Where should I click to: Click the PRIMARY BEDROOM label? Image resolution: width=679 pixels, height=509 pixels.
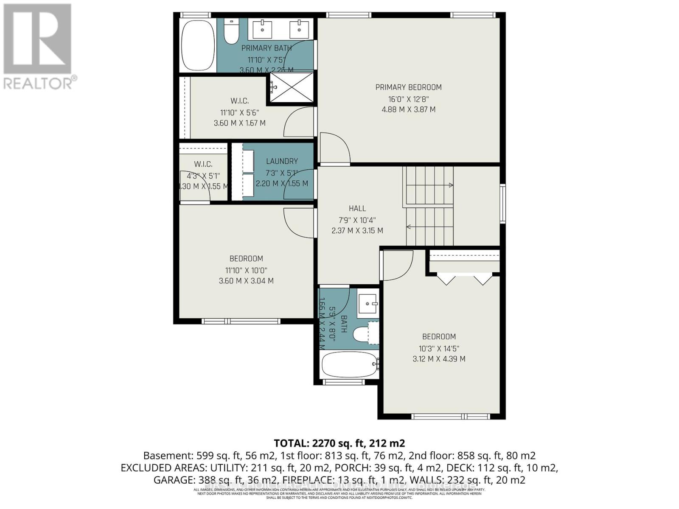coord(408,87)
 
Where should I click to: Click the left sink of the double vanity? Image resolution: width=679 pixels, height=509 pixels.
coord(262,29)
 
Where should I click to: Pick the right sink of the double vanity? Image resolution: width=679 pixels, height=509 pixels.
coord(300,29)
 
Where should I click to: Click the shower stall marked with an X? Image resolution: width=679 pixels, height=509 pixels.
coord(292,87)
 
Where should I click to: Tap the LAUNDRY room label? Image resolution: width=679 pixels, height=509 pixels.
coord(282,161)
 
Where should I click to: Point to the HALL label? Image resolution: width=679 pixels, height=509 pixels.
coord(357,208)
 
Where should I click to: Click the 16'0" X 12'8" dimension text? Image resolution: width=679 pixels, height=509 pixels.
coord(408,99)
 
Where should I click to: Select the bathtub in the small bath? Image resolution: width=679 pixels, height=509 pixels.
coord(349,365)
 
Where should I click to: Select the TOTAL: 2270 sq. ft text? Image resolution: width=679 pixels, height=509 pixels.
coord(339,443)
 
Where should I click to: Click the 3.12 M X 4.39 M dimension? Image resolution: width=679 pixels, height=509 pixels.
coord(439,359)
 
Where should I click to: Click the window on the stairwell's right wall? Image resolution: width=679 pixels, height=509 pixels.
coord(502,204)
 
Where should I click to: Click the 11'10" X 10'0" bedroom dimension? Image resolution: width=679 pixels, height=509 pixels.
coord(246,270)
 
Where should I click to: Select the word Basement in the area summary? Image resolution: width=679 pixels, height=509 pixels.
coord(168,456)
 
